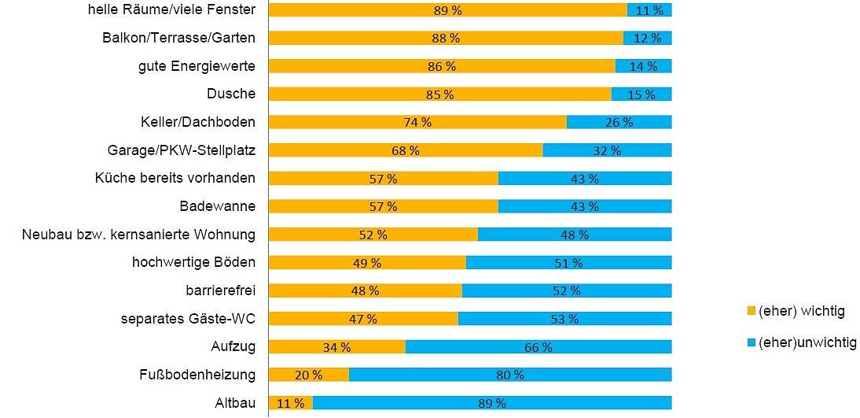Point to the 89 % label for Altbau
pyautogui.click(x=492, y=404)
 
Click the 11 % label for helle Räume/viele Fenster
pyautogui.click(x=649, y=10)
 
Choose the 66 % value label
pyautogui.click(x=538, y=347)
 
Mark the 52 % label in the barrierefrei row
pyautogui.click(x=567, y=290)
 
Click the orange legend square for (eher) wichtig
pyautogui.click(x=751, y=312)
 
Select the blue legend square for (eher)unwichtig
pyautogui.click(x=751, y=342)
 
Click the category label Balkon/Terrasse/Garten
pyautogui.click(x=179, y=38)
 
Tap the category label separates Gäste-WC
pyautogui.click(x=188, y=319)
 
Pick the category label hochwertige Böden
pyautogui.click(x=193, y=262)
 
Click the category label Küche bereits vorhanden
pyautogui.click(x=175, y=178)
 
